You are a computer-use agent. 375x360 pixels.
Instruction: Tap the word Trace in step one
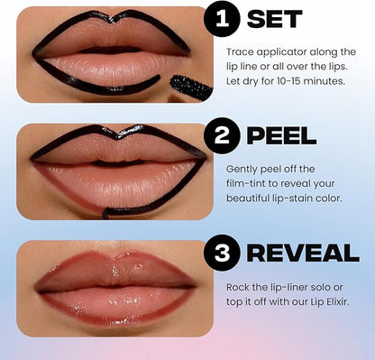[242, 51]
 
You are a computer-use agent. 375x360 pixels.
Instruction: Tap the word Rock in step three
[240, 286]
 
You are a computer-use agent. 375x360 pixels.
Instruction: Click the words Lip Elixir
[329, 301]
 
